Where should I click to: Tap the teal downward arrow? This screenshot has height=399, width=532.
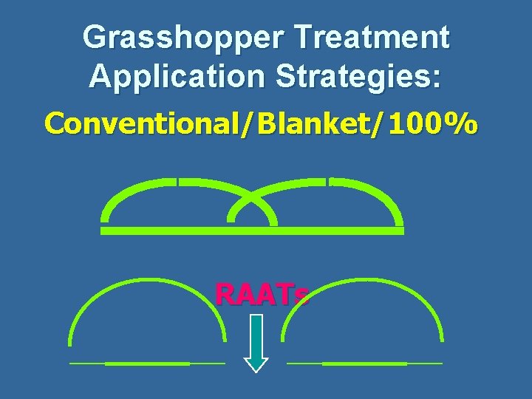pos(256,340)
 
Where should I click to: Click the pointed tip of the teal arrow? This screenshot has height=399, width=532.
pos(256,370)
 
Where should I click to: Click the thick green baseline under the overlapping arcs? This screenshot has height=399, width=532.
pos(252,231)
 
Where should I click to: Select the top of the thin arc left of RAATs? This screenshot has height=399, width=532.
pos(148,279)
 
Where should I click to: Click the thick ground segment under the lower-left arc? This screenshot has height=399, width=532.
pos(147,364)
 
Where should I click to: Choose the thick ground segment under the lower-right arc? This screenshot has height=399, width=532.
pos(364,364)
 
